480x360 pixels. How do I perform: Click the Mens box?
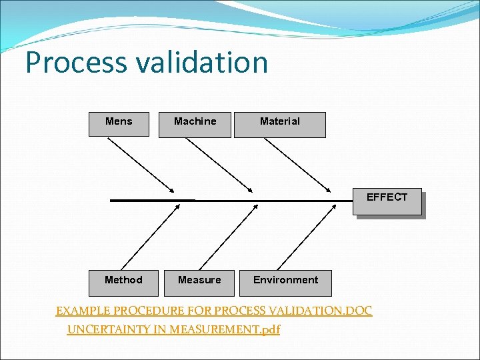pyautogui.click(x=119, y=124)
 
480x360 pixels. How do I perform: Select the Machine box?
pyautogui.click(x=195, y=124)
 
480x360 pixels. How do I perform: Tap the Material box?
pyautogui.click(x=279, y=124)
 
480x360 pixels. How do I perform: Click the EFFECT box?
pyautogui.click(x=387, y=201)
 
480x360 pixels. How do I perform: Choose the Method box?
pyautogui.click(x=123, y=283)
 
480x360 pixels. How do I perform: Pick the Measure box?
pyautogui.click(x=199, y=283)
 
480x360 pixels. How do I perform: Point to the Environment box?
pyautogui.click(x=285, y=283)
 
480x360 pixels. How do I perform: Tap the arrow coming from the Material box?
pyautogui.click(x=304, y=164)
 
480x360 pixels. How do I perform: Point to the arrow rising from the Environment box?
pyautogui.click(x=306, y=237)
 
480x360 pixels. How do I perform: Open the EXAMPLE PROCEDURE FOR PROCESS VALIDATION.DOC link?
pyautogui.click(x=213, y=311)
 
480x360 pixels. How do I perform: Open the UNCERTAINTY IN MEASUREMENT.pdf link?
pyautogui.click(x=173, y=329)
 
